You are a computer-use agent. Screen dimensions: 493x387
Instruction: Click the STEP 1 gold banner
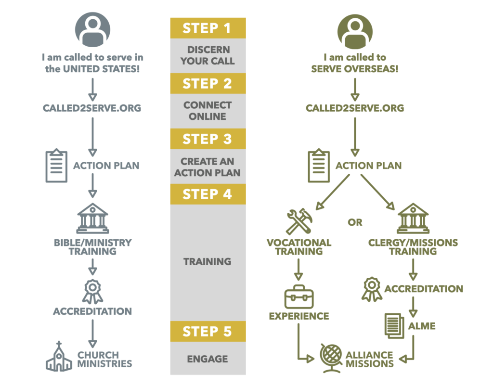[x=208, y=28]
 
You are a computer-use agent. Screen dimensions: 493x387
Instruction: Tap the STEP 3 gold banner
[x=208, y=139]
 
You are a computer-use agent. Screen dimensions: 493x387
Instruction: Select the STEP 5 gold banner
[x=208, y=331]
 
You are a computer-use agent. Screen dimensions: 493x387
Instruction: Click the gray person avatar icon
[x=92, y=30]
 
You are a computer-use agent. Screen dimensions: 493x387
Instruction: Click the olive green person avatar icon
[x=355, y=32]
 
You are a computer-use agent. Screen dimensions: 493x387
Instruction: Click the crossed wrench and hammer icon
[x=299, y=221]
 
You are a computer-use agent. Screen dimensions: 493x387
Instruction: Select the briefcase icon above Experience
[x=299, y=297]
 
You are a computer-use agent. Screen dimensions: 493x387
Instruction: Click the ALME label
[x=422, y=326]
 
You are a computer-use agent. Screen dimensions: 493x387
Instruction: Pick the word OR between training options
[x=355, y=222]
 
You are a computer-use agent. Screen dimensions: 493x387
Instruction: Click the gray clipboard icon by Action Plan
[x=57, y=166]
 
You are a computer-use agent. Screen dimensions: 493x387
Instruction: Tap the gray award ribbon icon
[x=92, y=291]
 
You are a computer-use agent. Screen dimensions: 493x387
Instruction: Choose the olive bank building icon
[x=413, y=218]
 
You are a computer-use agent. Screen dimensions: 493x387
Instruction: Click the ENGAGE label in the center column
[x=208, y=359]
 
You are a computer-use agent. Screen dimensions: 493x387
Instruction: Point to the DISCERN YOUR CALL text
[x=208, y=55]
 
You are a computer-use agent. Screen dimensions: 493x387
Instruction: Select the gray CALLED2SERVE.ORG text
[x=92, y=108]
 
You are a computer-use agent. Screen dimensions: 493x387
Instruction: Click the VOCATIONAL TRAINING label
[x=299, y=247]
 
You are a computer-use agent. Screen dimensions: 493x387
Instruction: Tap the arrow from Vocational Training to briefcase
[x=298, y=270]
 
